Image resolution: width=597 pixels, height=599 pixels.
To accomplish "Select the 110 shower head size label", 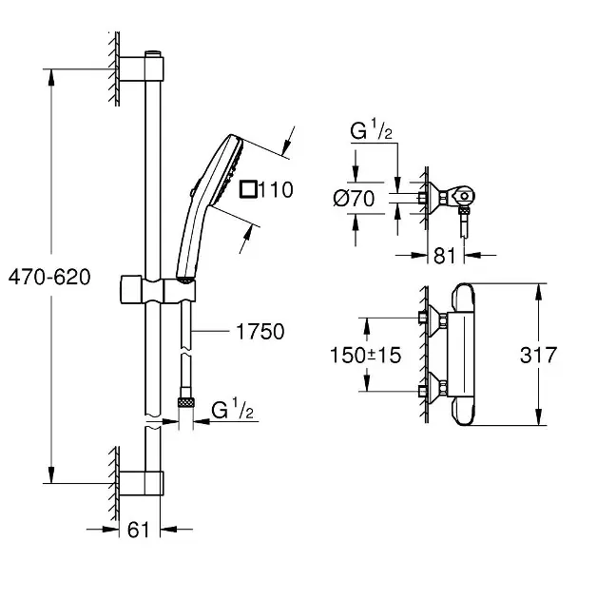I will coord(276,189).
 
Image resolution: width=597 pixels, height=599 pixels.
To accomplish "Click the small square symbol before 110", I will coord(248,189).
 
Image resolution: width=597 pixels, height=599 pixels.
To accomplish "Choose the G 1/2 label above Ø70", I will coord(371,133).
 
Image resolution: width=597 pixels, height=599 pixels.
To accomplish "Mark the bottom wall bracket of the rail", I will coord(150,484).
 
